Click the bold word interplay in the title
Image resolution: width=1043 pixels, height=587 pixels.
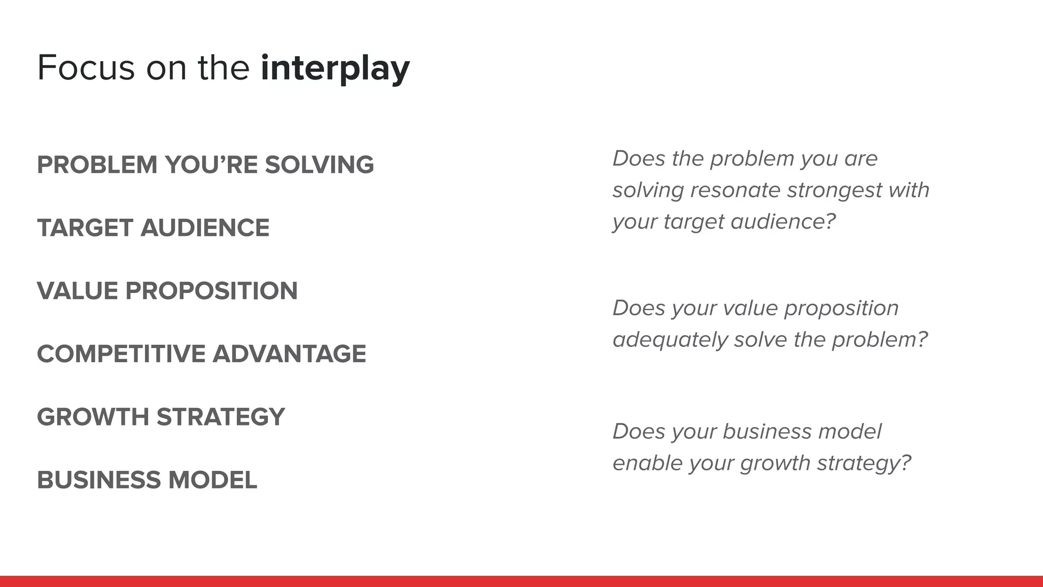click(x=335, y=68)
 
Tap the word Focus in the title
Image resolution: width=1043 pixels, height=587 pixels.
click(x=86, y=68)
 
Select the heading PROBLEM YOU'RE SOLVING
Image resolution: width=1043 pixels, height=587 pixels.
click(x=205, y=165)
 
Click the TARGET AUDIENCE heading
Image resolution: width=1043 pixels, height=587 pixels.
click(x=153, y=228)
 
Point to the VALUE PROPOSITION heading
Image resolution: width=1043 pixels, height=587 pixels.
click(x=167, y=291)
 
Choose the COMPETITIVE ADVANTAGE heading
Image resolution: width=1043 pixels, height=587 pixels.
click(x=201, y=354)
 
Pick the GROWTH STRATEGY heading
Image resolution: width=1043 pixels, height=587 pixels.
click(x=161, y=417)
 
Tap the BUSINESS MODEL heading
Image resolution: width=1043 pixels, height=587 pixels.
click(x=147, y=480)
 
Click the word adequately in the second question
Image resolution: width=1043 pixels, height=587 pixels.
click(x=670, y=340)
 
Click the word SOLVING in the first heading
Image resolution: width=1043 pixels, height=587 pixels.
click(x=319, y=165)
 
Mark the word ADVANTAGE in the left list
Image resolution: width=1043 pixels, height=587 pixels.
click(x=289, y=354)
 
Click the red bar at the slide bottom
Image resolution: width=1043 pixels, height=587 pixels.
click(x=521, y=581)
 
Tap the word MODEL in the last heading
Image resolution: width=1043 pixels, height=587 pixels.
click(x=212, y=480)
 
